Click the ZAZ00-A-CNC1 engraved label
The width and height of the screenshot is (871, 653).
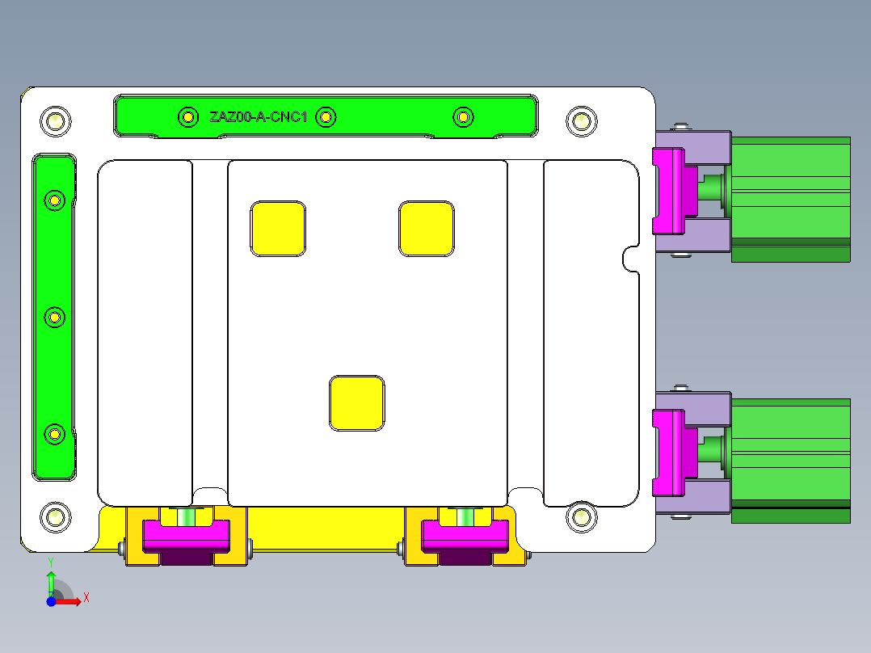(258, 117)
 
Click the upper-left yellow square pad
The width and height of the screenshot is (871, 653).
(278, 229)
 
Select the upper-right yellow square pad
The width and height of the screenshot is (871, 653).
(426, 229)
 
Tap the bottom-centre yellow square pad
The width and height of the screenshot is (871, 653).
(356, 402)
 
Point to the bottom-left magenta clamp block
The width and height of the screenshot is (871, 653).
(186, 537)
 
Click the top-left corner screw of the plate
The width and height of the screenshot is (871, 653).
(55, 121)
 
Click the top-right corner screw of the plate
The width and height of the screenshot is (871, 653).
(580, 121)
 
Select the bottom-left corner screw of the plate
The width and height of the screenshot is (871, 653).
(55, 516)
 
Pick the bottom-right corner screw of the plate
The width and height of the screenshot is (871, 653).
(580, 516)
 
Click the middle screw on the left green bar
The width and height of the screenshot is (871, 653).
(55, 318)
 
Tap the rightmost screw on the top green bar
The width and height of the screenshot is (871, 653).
(462, 117)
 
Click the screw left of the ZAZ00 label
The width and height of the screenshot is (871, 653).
(187, 117)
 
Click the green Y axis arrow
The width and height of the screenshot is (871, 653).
(51, 579)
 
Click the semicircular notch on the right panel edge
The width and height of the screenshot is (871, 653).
(631, 259)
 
